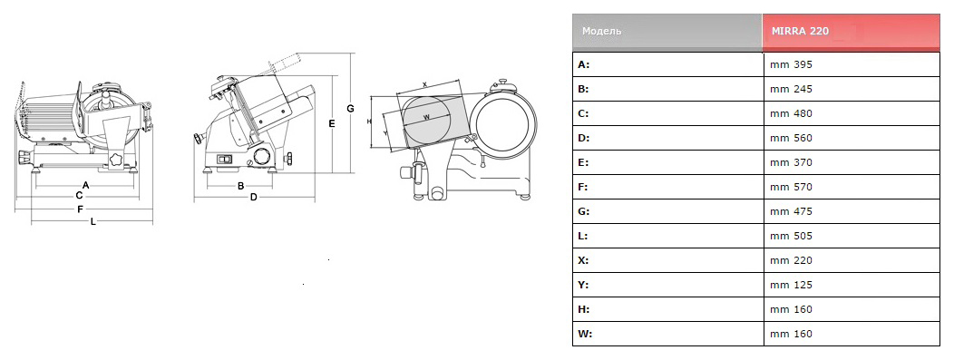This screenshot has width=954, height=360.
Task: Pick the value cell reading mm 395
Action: pyautogui.click(x=852, y=64)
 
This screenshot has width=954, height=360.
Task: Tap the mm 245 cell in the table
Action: pyautogui.click(x=852, y=89)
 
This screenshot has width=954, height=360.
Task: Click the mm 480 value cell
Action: pyautogui.click(x=852, y=113)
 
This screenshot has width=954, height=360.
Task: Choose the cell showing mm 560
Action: pyautogui.click(x=852, y=138)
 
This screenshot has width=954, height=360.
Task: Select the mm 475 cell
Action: pyautogui.click(x=852, y=211)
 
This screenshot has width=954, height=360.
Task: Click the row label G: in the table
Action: pyautogui.click(x=583, y=211)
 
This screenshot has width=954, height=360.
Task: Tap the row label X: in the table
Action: pyautogui.click(x=583, y=260)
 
